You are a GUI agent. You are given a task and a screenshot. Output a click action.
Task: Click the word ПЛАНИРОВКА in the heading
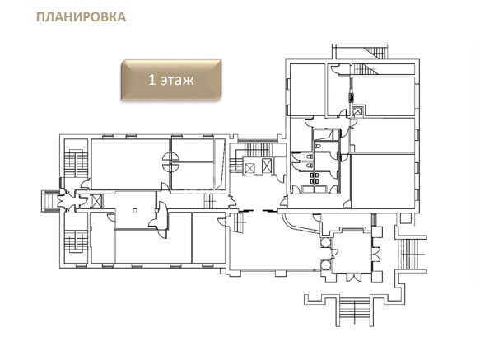82,16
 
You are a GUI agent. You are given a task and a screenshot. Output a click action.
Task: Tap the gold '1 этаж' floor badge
171,80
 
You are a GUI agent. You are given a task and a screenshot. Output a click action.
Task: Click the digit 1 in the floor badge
151,80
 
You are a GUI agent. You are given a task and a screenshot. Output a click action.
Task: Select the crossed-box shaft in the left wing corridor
96,201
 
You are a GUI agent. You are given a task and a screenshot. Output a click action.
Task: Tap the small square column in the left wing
135,210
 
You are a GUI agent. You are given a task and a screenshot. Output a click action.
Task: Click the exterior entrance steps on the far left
49,201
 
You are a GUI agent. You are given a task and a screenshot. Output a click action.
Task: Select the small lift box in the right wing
357,110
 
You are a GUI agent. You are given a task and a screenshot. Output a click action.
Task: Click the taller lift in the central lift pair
267,166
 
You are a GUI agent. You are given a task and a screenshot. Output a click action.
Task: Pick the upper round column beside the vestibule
325,243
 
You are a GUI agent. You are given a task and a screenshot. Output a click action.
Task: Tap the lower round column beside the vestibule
325,264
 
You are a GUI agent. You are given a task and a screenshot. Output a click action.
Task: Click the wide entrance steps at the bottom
355,310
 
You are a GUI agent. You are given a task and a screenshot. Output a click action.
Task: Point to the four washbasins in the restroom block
315,178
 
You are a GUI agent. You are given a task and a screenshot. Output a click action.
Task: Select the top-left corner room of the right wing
307,90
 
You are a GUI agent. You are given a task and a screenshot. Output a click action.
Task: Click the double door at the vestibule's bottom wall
352,278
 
